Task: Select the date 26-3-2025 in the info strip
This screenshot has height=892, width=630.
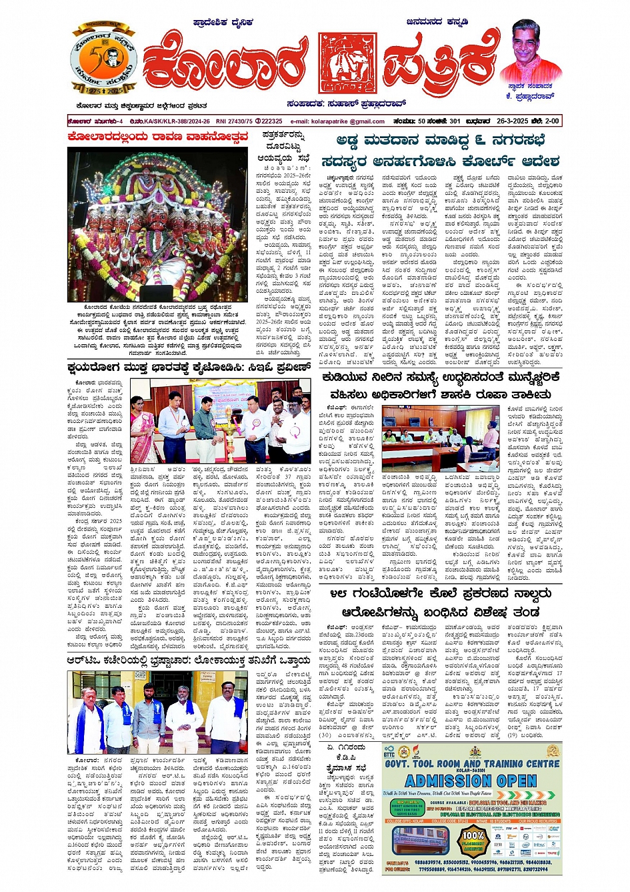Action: click(513, 121)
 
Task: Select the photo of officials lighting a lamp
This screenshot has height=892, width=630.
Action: click(219, 421)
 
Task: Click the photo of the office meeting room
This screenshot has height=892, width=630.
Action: click(440, 438)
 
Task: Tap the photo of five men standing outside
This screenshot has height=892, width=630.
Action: click(157, 713)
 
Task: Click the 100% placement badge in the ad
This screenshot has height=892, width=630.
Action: click(473, 839)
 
